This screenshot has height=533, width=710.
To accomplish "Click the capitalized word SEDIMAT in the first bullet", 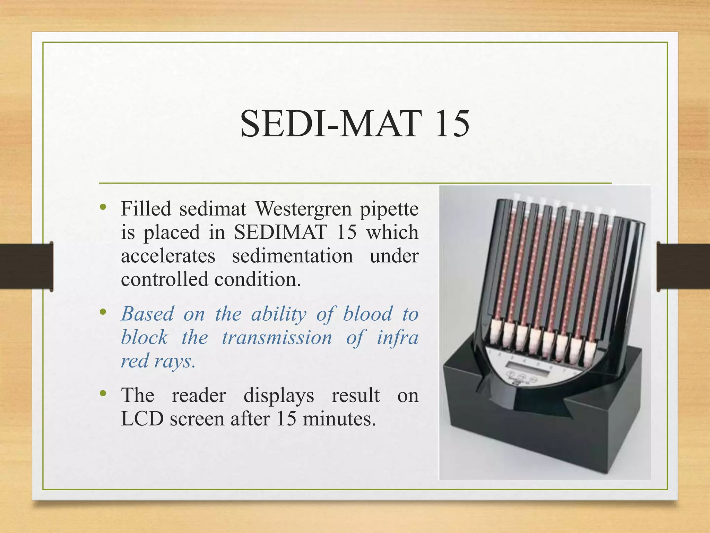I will (x=280, y=232).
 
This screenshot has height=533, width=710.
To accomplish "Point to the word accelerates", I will (x=168, y=256).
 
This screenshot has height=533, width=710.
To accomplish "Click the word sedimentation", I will (x=292, y=256).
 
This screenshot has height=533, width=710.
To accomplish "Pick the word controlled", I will (x=164, y=279).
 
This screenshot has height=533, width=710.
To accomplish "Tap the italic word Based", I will (x=147, y=314).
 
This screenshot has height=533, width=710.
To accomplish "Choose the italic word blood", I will (x=367, y=314).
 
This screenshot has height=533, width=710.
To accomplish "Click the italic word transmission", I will (x=277, y=338).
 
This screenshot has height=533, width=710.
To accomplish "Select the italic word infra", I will (x=397, y=338).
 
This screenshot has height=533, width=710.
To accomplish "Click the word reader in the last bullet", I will (x=199, y=395).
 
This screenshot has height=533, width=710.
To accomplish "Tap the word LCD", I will (x=142, y=419).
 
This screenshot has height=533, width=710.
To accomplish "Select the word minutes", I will (x=339, y=419).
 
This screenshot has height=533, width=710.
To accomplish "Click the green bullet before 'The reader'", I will (x=103, y=394).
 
